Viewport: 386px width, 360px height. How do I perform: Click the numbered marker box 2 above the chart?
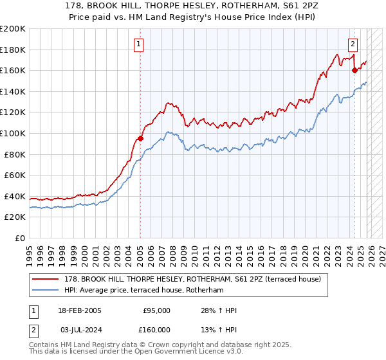(353, 44)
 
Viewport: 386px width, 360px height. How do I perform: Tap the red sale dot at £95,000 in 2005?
(140, 138)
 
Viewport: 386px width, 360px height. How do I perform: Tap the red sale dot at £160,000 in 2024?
(354, 70)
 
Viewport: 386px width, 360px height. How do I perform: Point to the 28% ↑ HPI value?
(219, 310)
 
